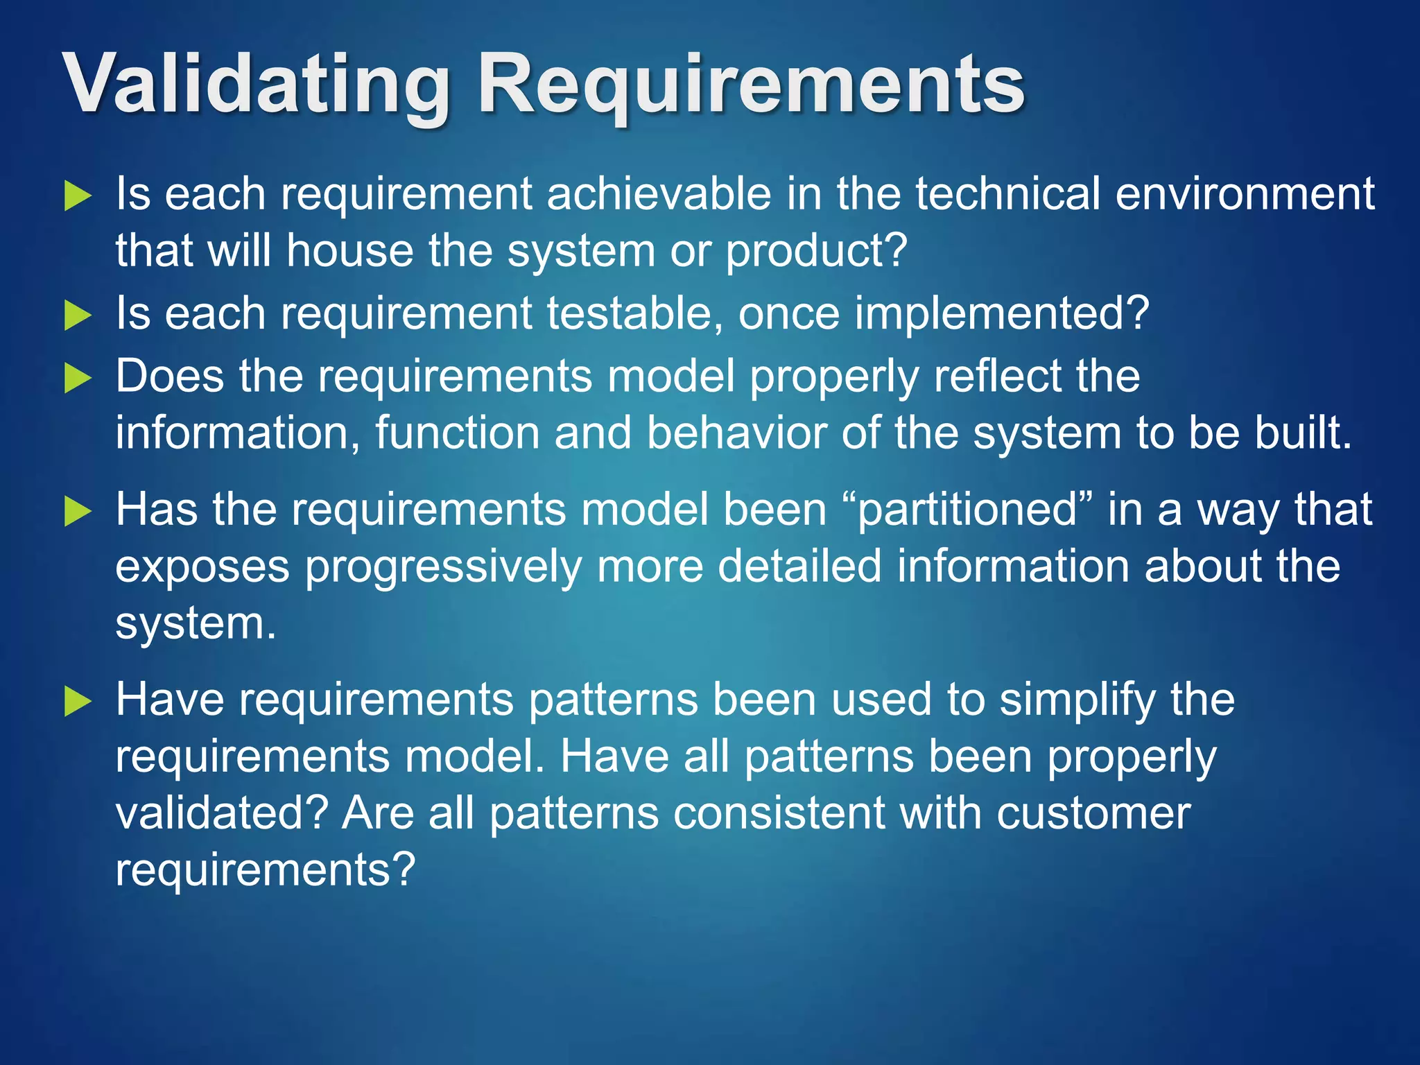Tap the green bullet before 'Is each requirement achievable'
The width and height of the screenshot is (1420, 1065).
(78, 197)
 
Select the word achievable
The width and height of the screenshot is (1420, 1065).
(659, 193)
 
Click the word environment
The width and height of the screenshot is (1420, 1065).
(1245, 193)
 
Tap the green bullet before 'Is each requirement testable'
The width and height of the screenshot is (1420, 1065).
(78, 317)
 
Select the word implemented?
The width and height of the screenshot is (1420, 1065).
(1002, 313)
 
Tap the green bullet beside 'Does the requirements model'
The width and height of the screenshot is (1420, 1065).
(78, 379)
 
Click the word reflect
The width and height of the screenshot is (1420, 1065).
(996, 376)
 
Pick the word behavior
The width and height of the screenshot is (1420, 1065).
(736, 433)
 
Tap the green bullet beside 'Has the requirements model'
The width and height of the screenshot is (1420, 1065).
(78, 512)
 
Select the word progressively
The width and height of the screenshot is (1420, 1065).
(443, 567)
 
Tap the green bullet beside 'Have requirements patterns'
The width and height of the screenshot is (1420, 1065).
(78, 702)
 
